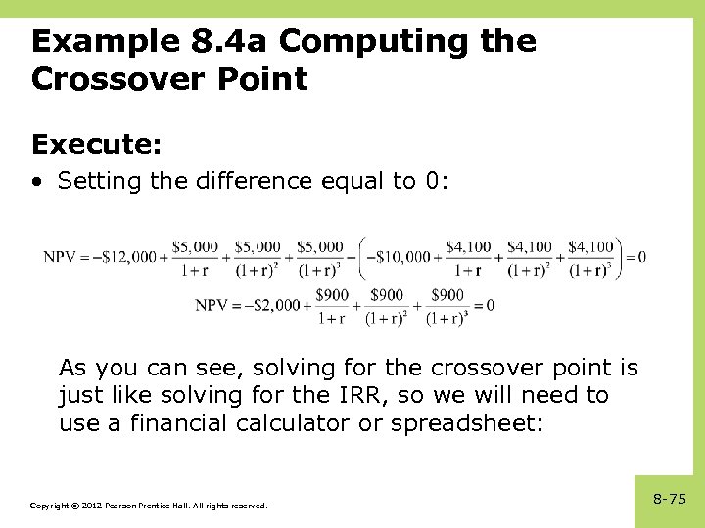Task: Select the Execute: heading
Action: [96, 145]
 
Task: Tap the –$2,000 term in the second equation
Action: [271, 305]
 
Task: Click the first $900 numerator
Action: [332, 295]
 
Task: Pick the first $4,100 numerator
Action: [469, 247]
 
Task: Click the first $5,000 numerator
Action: [195, 247]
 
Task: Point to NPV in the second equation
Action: [211, 305]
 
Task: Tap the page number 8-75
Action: [670, 499]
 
